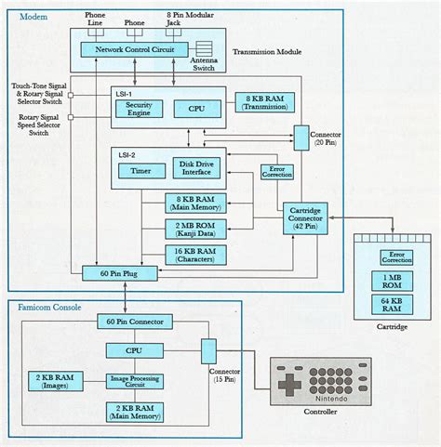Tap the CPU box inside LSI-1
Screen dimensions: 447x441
pos(196,109)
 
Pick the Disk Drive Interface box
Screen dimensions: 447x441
pos(196,170)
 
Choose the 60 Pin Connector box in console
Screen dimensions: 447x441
pos(135,322)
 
